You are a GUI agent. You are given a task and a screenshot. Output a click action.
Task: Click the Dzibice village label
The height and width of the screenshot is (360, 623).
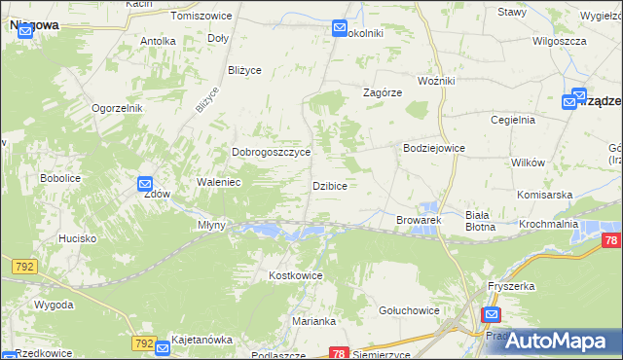(330, 185)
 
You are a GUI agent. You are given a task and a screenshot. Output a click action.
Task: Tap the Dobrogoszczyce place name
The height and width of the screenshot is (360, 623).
(271, 153)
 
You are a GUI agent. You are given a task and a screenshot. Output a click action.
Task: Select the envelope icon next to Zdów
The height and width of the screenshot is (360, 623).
(145, 183)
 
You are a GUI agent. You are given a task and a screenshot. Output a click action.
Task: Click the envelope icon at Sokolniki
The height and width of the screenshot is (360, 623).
(340, 28)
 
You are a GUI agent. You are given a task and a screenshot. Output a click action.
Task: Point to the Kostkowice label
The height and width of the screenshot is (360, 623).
(295, 276)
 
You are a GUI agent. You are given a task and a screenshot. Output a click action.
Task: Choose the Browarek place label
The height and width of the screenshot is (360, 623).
(419, 221)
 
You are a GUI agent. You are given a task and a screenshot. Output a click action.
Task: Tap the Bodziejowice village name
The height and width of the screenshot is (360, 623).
(434, 148)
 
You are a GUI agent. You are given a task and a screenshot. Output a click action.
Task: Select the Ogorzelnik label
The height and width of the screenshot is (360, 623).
(118, 108)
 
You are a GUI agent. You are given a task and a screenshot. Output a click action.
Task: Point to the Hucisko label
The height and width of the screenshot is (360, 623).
(77, 238)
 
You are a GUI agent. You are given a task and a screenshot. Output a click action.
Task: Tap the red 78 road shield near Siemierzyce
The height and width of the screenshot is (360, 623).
(339, 353)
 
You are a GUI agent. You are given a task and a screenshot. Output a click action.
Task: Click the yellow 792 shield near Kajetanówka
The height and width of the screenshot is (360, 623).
(144, 343)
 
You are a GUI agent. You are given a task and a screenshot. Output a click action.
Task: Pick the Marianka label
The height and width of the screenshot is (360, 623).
(314, 321)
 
